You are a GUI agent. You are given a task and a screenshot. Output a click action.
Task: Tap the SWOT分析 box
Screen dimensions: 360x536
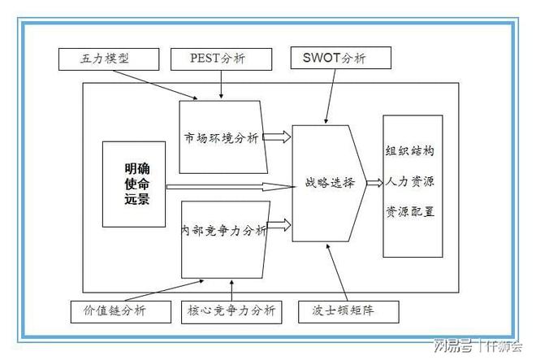pyautogui.click(x=341, y=58)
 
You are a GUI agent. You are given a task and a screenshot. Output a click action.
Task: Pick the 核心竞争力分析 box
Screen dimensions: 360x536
pyautogui.click(x=231, y=311)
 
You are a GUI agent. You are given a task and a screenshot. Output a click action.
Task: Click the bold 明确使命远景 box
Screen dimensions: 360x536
pyautogui.click(x=134, y=184)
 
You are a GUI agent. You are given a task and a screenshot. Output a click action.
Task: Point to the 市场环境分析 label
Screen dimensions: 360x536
pyautogui.click(x=221, y=139)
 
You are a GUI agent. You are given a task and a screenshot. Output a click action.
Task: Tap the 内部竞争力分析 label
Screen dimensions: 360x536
pyautogui.click(x=224, y=231)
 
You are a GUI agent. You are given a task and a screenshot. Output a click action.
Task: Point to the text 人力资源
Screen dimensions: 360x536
pyautogui.click(x=413, y=182)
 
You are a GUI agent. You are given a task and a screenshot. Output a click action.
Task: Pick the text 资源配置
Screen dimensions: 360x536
pyautogui.click(x=413, y=211)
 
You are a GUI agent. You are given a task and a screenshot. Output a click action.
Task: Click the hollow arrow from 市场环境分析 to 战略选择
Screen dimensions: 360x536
pyautogui.click(x=277, y=137)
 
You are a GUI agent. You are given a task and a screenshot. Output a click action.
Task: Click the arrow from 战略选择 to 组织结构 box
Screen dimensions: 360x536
pyautogui.click(x=374, y=183)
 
